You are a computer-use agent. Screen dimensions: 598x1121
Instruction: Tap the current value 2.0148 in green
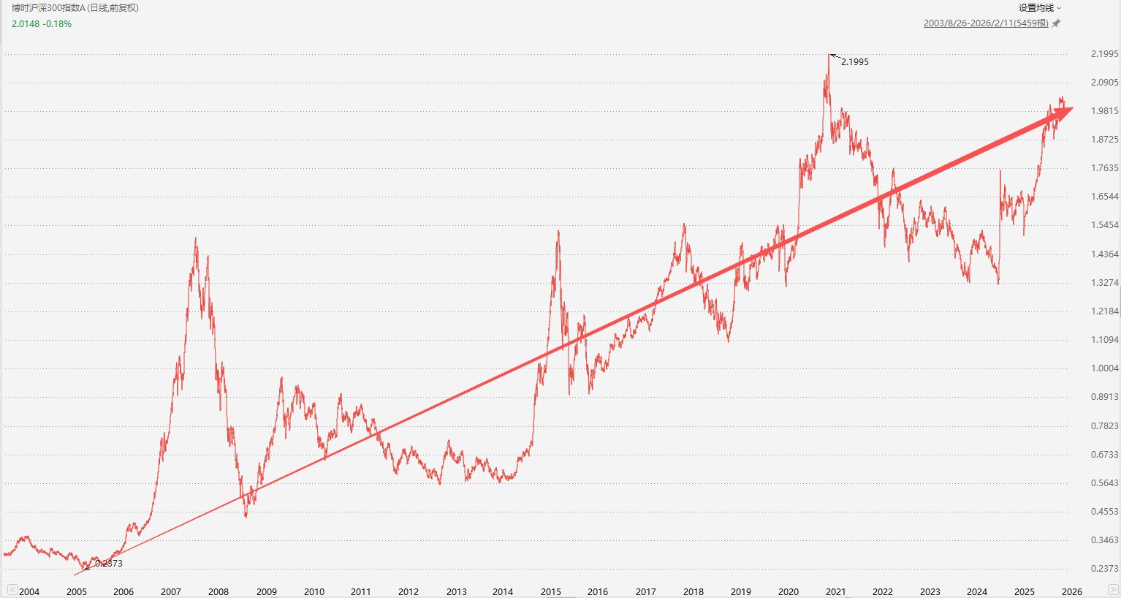(x=26, y=24)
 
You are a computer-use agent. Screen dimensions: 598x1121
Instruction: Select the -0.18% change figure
(x=57, y=24)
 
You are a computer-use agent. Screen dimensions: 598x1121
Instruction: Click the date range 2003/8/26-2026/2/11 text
(x=985, y=23)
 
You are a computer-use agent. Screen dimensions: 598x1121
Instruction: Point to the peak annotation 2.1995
(x=854, y=62)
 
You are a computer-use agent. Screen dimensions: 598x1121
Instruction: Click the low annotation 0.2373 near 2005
(x=109, y=564)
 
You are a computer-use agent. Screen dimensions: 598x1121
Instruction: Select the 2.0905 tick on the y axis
(x=1104, y=83)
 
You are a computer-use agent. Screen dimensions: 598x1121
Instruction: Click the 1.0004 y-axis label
(x=1104, y=368)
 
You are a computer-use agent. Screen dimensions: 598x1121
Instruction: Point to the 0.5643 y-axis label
(x=1104, y=483)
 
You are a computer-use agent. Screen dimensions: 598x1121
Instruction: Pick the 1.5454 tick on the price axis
(x=1104, y=225)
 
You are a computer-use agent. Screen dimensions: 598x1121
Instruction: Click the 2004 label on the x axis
(x=29, y=591)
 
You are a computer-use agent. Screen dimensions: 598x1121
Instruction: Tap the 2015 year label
(x=551, y=591)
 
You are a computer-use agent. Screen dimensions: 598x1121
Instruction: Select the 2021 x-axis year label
(x=835, y=591)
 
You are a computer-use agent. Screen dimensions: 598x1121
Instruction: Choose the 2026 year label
(x=1071, y=591)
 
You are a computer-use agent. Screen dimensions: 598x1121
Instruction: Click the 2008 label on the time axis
(x=218, y=591)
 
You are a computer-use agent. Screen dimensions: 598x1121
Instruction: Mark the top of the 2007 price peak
(x=196, y=238)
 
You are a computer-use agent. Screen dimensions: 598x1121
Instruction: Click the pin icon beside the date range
(x=1055, y=23)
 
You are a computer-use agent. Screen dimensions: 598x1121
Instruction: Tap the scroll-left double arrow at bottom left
(x=11, y=590)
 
